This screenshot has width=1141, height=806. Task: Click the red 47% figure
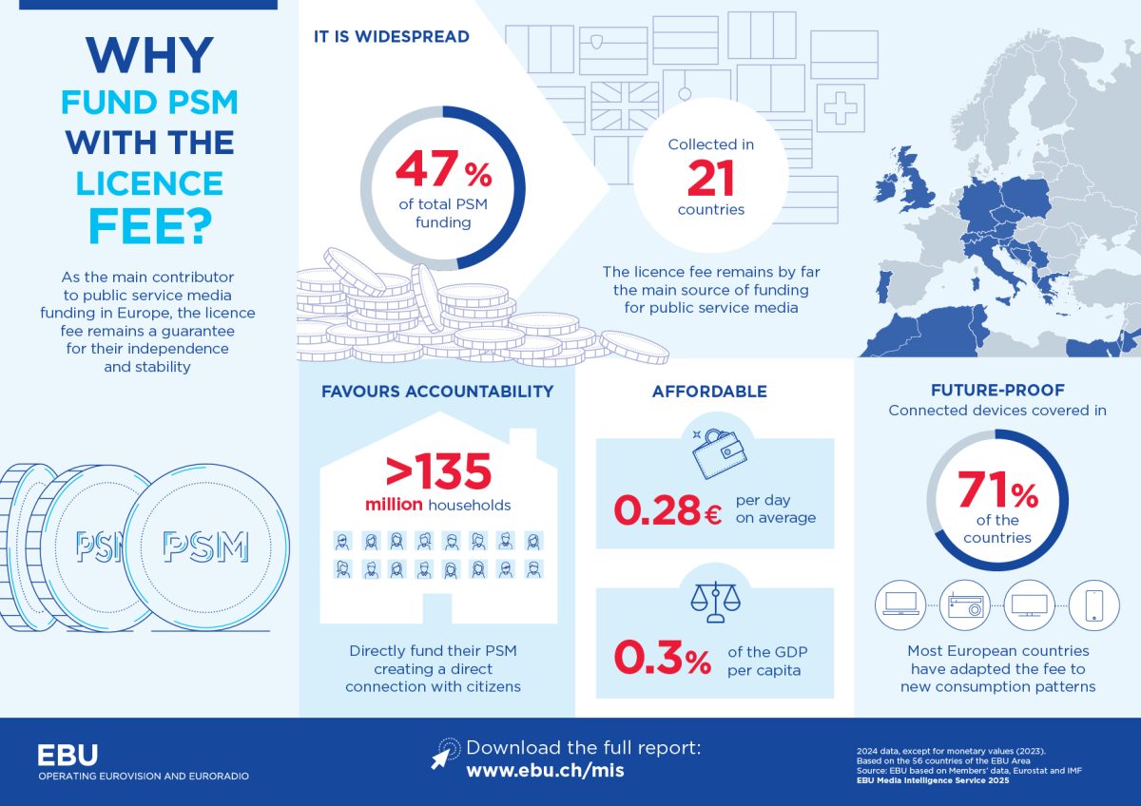[x=444, y=168]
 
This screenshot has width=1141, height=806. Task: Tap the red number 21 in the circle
[x=710, y=178]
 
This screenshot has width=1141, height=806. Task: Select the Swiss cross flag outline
[x=841, y=108]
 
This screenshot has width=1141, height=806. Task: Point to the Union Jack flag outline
[x=625, y=106]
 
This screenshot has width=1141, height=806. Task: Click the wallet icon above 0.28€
[x=719, y=453]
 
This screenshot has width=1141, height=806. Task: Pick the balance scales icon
[x=715, y=602]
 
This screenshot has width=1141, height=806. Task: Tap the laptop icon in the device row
[x=900, y=604]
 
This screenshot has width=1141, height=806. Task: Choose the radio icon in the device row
[x=965, y=605]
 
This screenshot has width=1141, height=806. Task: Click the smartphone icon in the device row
[x=1093, y=605]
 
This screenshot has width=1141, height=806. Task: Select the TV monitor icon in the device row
[x=1029, y=605]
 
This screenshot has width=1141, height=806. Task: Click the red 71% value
[x=997, y=489]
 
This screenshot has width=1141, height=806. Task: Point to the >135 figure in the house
[x=438, y=471]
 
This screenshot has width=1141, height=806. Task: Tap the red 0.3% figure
[x=662, y=658]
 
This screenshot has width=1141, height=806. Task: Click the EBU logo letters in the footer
[x=68, y=755]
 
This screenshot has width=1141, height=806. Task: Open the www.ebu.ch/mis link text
[x=545, y=771]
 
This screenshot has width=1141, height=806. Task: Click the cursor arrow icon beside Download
[x=444, y=753]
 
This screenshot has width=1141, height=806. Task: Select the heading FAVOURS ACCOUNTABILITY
[x=437, y=391]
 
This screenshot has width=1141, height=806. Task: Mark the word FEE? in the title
[x=150, y=226]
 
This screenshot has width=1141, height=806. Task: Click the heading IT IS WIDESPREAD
[x=391, y=37]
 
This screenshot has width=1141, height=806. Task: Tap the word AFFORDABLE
[x=709, y=391]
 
